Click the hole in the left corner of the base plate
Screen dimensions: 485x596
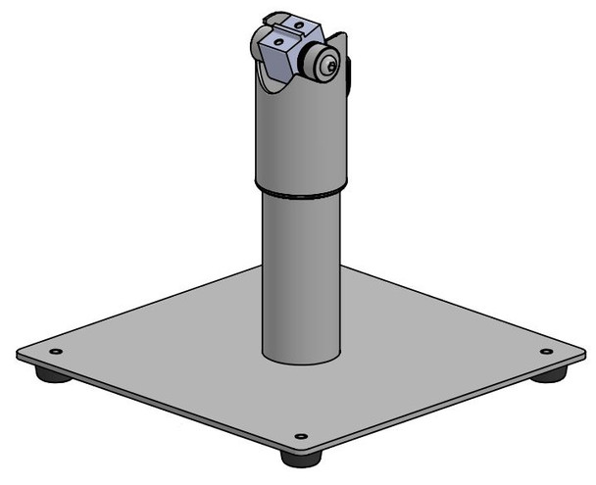(x=56, y=351)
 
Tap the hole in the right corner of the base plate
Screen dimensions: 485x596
(x=546, y=351)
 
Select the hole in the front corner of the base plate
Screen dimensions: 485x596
(x=301, y=436)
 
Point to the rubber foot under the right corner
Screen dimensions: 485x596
(x=549, y=374)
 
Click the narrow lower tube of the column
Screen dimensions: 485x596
(x=300, y=274)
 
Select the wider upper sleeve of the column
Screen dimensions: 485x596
(x=300, y=137)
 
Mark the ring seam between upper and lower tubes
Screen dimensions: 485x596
(x=301, y=191)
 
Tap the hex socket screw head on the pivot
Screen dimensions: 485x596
(x=331, y=65)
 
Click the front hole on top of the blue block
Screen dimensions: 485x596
(x=277, y=42)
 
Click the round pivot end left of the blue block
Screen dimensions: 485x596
(x=257, y=43)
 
